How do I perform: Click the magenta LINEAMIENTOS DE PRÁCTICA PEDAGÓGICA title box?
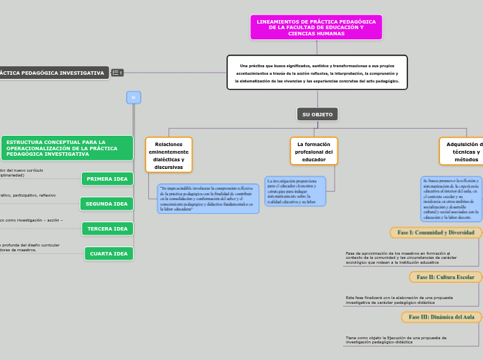point(316,28)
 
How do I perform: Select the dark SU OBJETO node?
point(317,114)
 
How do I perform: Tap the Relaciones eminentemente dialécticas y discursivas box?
point(168,155)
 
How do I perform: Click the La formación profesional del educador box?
point(314,152)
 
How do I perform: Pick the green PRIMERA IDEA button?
point(107,179)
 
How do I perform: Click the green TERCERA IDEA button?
point(107,228)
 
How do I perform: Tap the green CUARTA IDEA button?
point(109,253)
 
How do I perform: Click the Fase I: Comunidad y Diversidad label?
point(436,233)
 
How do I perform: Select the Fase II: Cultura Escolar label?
point(446,277)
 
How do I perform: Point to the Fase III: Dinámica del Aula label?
point(441,317)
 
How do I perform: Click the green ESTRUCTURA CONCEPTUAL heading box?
point(67,147)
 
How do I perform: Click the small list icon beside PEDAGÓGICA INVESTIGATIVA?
point(117,73)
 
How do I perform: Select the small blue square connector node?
point(134,98)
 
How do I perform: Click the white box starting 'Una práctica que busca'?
point(317,73)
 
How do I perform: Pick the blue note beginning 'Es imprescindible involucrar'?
point(208,198)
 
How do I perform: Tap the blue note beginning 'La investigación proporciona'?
point(295,191)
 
